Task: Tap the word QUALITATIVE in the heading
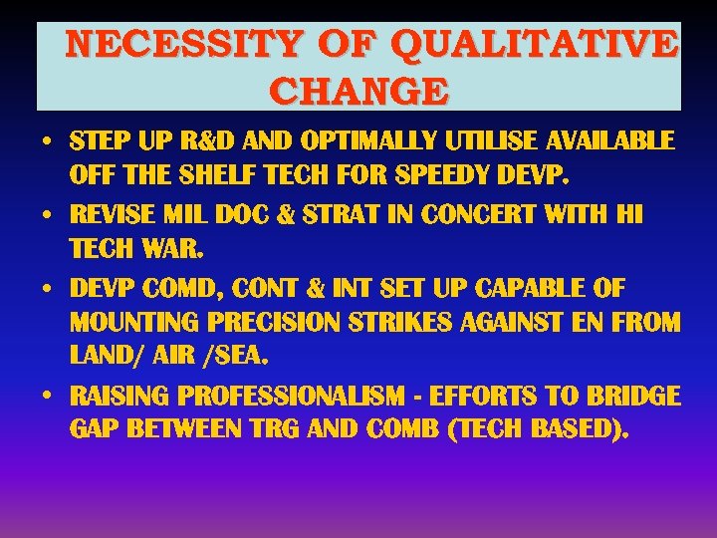click(x=534, y=46)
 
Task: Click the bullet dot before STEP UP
click(x=48, y=140)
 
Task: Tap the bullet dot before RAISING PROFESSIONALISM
click(x=48, y=395)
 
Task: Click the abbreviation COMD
click(x=185, y=288)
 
